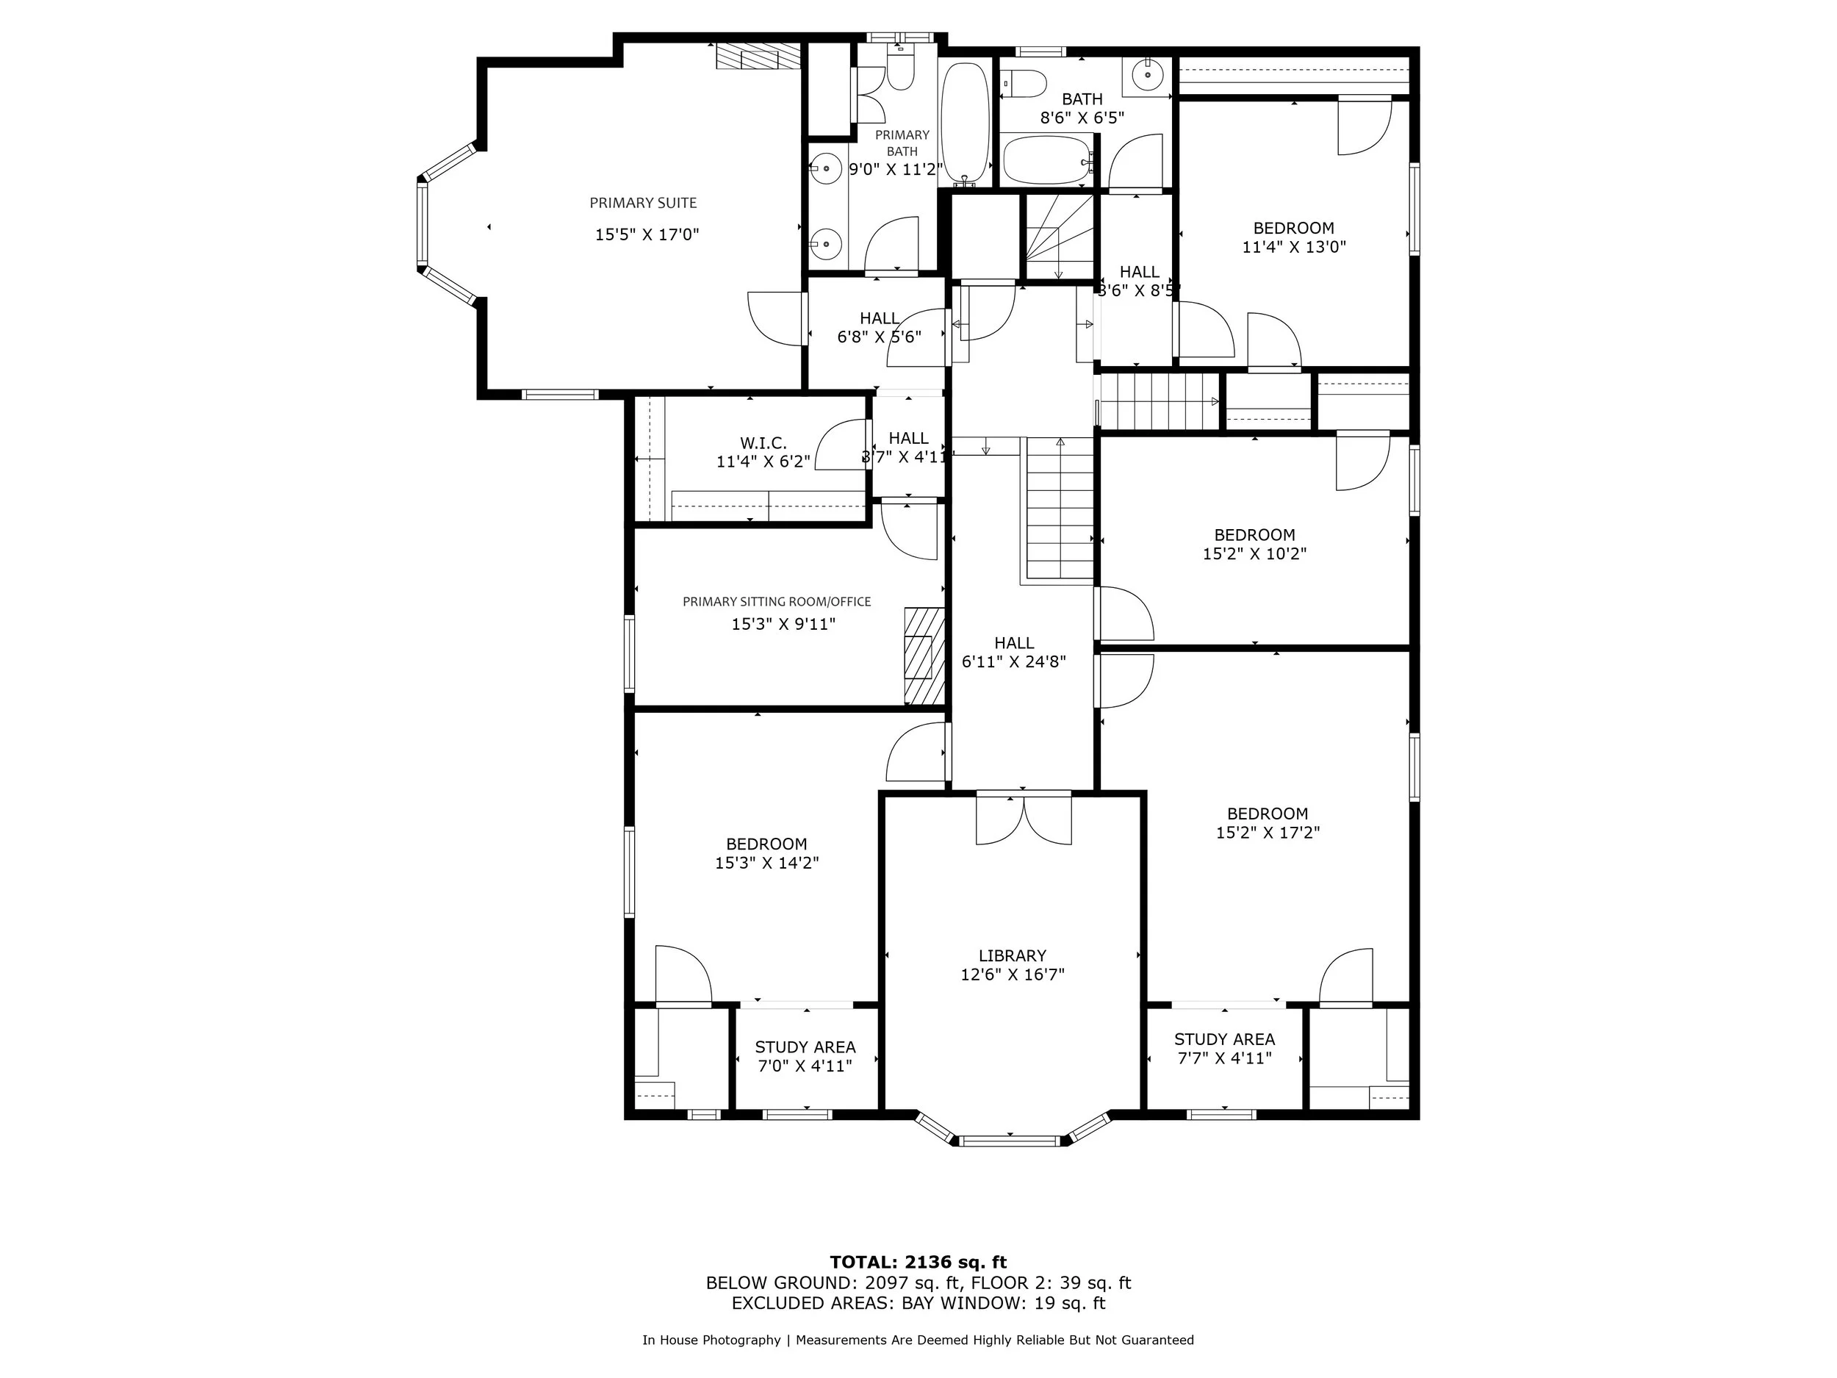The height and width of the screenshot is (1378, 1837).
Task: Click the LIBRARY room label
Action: pyautogui.click(x=1012, y=955)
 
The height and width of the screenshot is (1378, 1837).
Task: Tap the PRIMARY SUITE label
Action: pyautogui.click(x=643, y=203)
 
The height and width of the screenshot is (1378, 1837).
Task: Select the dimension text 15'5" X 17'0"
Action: pyautogui.click(x=647, y=235)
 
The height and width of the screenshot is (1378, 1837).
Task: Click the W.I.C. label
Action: pyautogui.click(x=763, y=442)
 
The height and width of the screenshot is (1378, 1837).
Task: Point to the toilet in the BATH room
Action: pyautogui.click(x=1026, y=84)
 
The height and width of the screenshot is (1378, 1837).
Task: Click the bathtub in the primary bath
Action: pyautogui.click(x=965, y=123)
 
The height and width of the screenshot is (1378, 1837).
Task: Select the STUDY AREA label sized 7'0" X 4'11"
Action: pyautogui.click(x=805, y=1047)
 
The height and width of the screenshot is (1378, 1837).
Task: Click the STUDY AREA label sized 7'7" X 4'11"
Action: pyautogui.click(x=1224, y=1039)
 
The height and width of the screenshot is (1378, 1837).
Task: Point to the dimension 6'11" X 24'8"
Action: pyautogui.click(x=1013, y=662)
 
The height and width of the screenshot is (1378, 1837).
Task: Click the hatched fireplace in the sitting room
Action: pyautogui.click(x=924, y=656)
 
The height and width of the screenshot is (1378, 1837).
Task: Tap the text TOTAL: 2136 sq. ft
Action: pyautogui.click(x=918, y=1263)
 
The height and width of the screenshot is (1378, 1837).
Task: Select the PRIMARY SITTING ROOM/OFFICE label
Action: pyautogui.click(x=777, y=601)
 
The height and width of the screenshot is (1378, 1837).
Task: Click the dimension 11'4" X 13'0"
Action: pyautogui.click(x=1293, y=247)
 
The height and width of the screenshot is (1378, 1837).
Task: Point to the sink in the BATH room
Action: pyautogui.click(x=1147, y=75)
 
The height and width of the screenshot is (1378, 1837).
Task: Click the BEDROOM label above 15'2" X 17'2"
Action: pyautogui.click(x=1268, y=814)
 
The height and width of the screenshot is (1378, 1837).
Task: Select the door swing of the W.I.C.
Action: pyautogui.click(x=841, y=445)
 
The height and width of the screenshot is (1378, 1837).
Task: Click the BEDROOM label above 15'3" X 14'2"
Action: pyautogui.click(x=766, y=844)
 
